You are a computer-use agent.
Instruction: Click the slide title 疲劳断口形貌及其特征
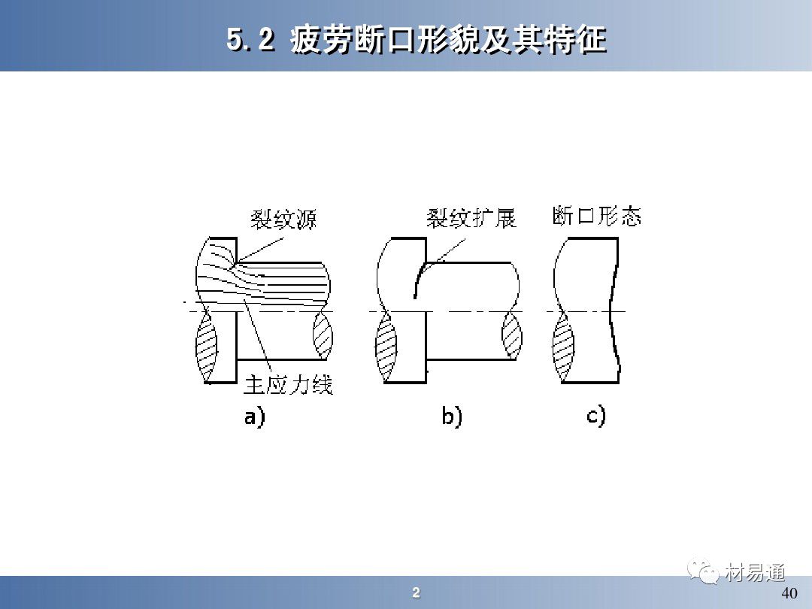click(448, 39)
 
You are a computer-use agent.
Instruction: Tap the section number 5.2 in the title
click(250, 39)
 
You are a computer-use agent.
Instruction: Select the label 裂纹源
click(283, 219)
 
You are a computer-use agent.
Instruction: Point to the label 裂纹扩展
click(471, 218)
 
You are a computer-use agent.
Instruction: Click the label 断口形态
click(596, 216)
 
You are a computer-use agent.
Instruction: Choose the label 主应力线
click(289, 385)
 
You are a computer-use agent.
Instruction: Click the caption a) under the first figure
click(254, 417)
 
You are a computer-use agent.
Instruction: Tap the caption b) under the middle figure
click(452, 417)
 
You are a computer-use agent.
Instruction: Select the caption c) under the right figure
click(596, 417)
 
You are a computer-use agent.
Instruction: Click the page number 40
click(789, 593)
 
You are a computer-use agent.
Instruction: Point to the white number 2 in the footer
click(416, 593)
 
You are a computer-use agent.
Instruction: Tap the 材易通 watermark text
click(755, 573)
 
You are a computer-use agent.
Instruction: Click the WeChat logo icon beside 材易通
click(703, 571)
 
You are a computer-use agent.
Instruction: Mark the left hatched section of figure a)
click(206, 347)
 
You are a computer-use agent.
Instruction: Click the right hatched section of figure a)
click(323, 335)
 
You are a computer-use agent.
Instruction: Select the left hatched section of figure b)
click(385, 347)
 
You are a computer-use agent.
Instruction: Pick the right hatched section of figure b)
click(512, 335)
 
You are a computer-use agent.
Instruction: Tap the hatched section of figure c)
click(563, 347)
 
